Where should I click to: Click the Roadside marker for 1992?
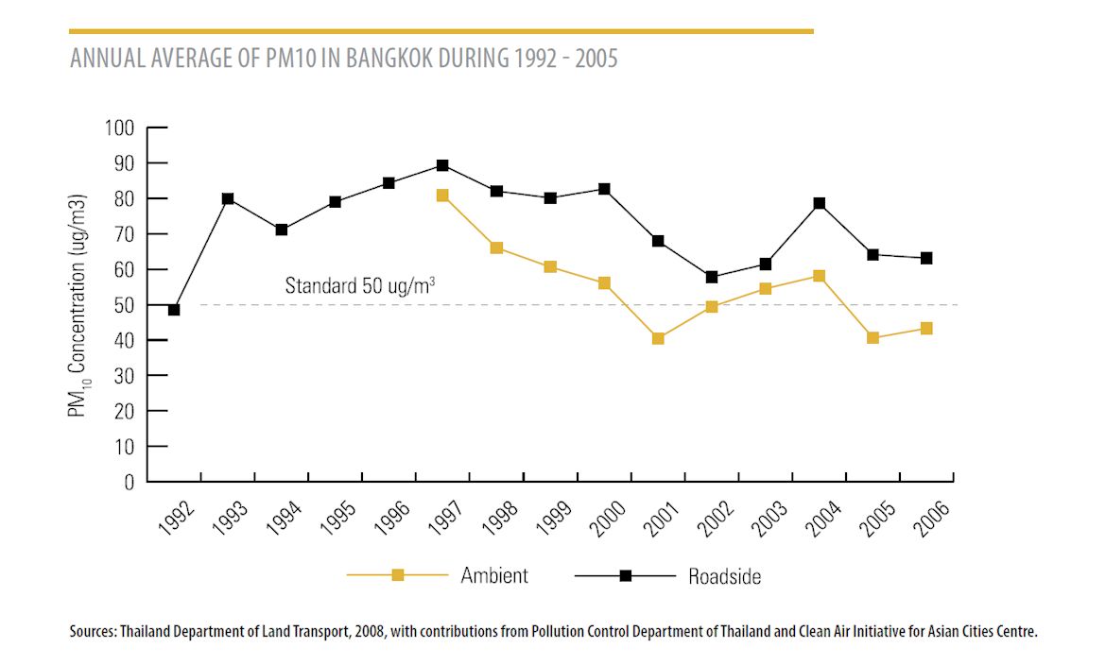(x=174, y=310)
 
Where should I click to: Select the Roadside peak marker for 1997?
(x=442, y=165)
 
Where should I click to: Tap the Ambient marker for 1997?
(x=442, y=196)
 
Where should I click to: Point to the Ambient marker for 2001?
(x=658, y=338)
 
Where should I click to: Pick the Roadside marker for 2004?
(x=820, y=203)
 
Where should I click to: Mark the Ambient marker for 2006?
(x=926, y=329)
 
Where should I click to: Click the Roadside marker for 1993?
(x=228, y=198)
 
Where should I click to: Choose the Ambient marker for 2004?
(x=820, y=276)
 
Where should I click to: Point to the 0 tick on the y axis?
(x=129, y=482)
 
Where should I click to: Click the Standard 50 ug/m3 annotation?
(x=360, y=285)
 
